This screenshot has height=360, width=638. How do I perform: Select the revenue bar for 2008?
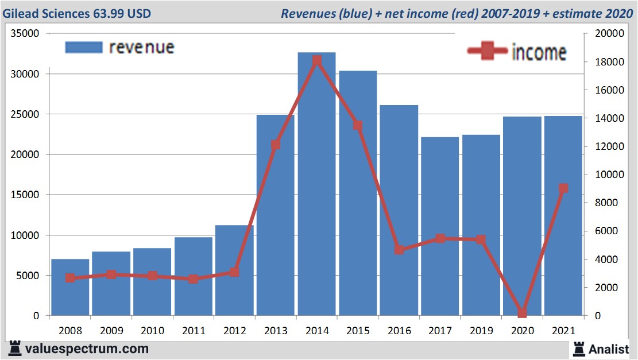point(70,287)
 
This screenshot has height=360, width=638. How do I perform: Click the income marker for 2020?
point(522,313)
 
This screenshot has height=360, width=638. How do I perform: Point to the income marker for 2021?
point(563,188)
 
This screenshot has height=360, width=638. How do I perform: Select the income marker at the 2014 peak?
point(317,61)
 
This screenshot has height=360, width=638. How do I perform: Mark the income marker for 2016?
point(399,250)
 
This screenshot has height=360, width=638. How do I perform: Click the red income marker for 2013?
point(276,145)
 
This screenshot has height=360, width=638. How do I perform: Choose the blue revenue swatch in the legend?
point(84,47)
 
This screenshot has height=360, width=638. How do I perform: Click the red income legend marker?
point(488,52)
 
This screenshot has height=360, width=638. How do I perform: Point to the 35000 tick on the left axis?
point(25,34)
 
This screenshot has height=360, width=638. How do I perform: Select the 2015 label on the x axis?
point(358,331)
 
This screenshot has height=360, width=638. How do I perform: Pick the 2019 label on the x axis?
point(481,331)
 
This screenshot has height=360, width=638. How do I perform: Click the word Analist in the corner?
point(609,349)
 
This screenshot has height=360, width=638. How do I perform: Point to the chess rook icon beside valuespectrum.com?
point(15,349)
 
